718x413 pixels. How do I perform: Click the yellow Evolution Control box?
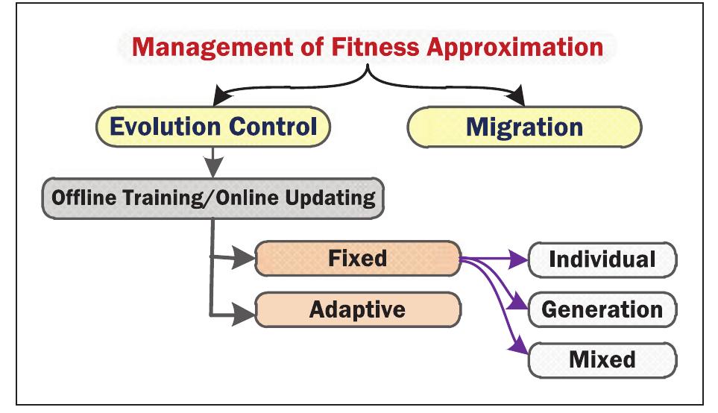[213, 127]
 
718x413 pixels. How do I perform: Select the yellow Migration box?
[524, 127]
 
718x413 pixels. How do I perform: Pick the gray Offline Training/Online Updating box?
[213, 198]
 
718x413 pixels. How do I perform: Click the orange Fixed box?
[358, 259]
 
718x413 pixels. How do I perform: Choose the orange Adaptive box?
[358, 309]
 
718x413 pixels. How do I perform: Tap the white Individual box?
[602, 259]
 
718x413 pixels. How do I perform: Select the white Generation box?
[602, 309]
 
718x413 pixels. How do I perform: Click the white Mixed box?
[602, 360]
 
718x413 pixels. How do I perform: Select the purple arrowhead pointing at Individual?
[519, 260]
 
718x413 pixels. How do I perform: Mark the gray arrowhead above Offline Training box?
[213, 168]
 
